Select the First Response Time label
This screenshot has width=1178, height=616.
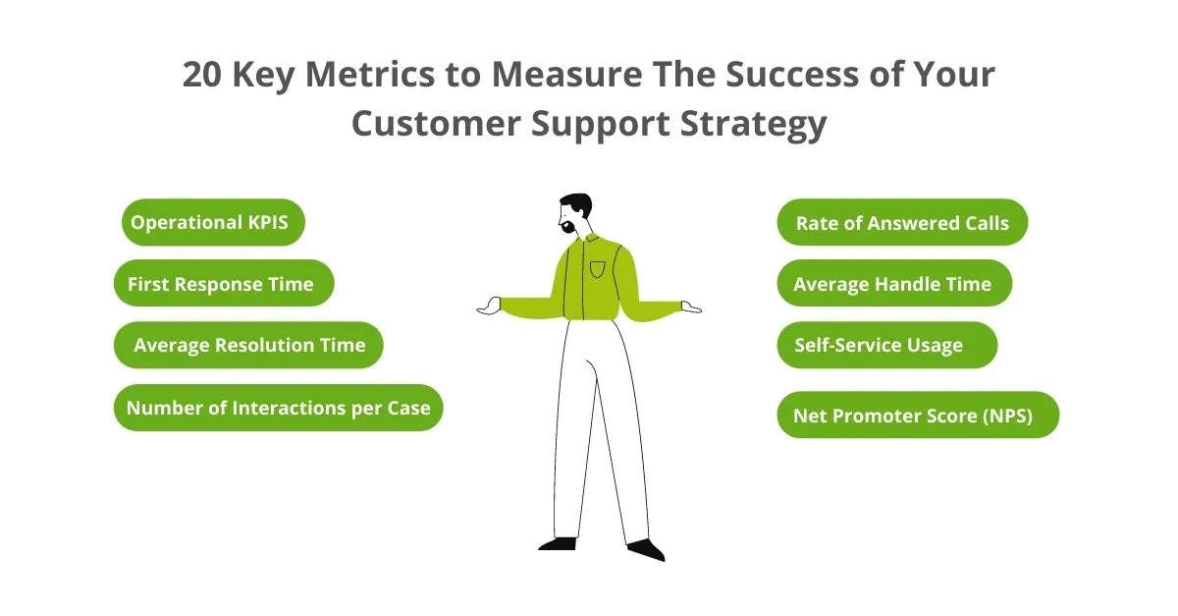[x=224, y=284]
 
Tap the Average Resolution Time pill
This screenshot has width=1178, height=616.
[x=248, y=345]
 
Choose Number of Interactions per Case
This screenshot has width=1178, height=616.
[x=279, y=408]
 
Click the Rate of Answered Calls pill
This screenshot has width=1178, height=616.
[x=902, y=223]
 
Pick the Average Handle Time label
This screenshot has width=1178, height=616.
[x=893, y=284]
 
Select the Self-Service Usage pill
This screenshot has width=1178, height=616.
[x=886, y=345]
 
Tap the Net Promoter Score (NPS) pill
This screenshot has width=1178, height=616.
[x=917, y=415]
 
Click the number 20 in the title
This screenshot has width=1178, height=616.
[x=204, y=76]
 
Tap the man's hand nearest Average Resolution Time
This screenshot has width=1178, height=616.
[x=488, y=308]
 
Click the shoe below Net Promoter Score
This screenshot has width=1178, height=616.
[x=647, y=549]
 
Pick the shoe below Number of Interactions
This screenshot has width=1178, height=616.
[x=558, y=542]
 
